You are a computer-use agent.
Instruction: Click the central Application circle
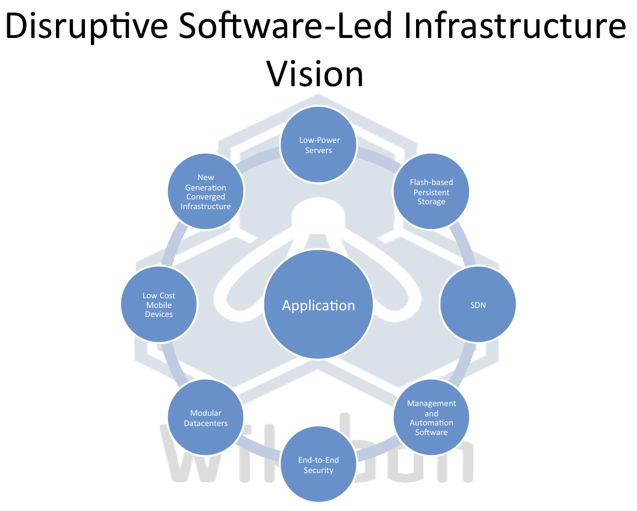[x=318, y=305]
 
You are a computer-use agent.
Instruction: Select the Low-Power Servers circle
[x=318, y=145]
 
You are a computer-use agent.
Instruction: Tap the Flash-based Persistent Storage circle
[x=431, y=192]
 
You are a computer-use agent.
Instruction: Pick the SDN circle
[x=478, y=305]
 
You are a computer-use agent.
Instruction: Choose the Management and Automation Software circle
[x=431, y=418]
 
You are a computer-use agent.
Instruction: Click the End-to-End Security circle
[x=318, y=465]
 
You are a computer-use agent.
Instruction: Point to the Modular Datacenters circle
[x=205, y=418]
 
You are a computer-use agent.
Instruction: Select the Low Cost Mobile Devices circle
[x=159, y=305]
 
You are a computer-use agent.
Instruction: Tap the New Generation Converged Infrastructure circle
[x=205, y=192]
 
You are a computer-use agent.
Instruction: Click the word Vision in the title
[x=315, y=74]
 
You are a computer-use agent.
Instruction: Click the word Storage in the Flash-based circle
[x=431, y=202]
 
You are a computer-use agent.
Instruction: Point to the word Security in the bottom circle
[x=318, y=470]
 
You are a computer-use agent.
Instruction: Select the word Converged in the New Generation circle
[x=205, y=196]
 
